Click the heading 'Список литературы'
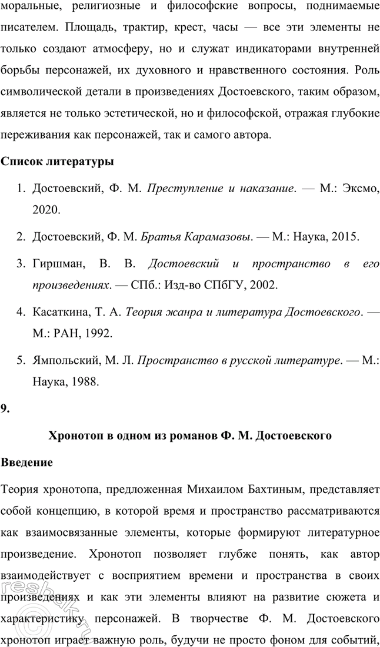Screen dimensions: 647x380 (57, 160)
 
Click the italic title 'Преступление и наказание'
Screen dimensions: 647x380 (219, 189)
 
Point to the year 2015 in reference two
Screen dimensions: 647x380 (343, 237)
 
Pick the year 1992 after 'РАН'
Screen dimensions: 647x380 (98, 333)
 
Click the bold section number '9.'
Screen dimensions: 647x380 (5, 410)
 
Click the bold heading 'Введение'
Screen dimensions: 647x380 (27, 462)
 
